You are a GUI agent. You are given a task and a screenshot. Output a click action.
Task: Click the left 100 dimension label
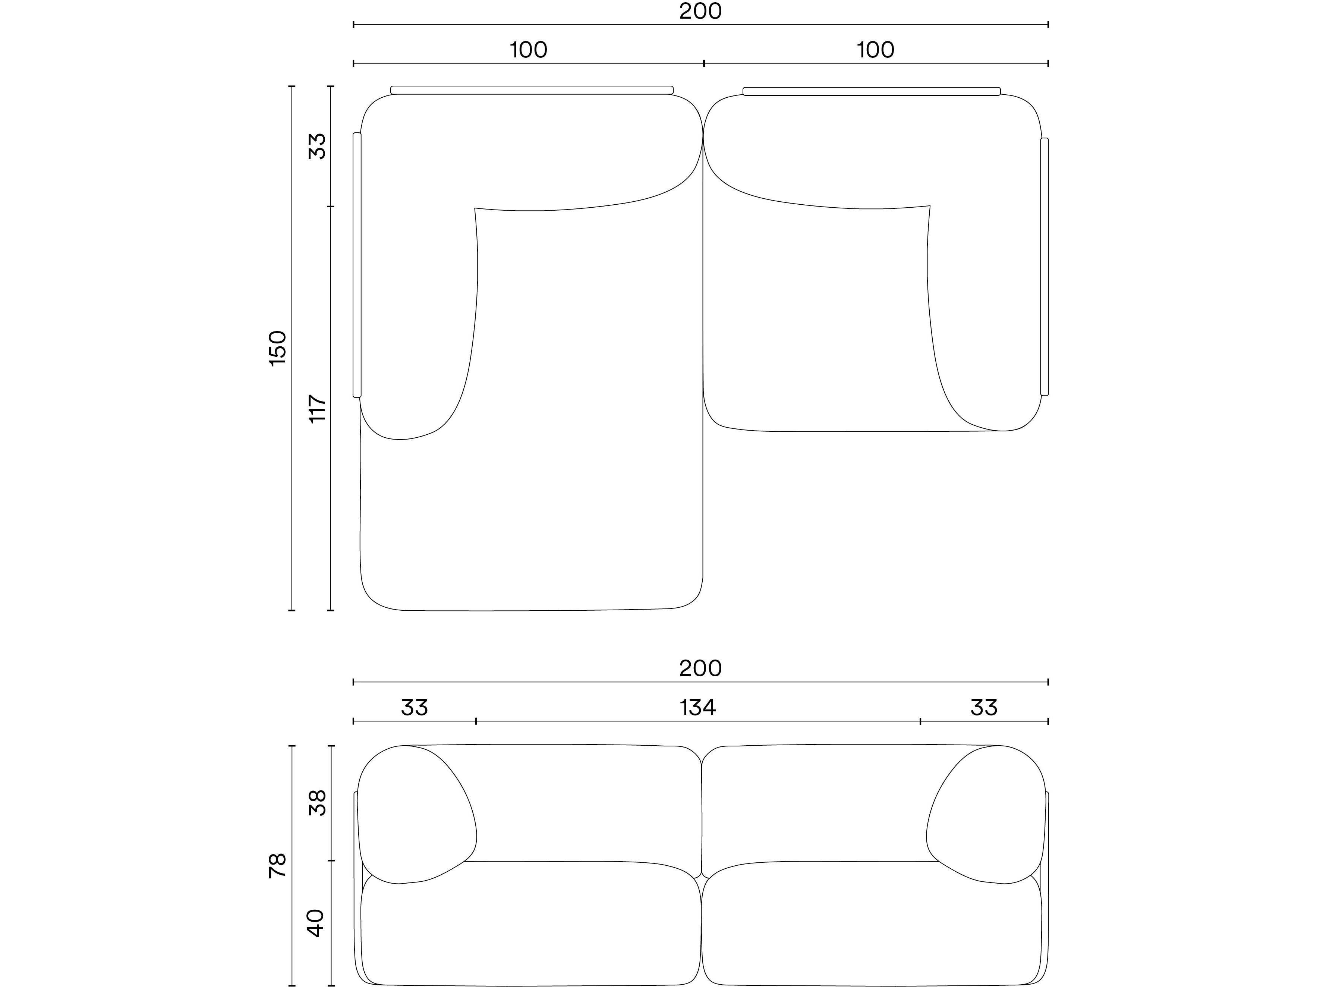tap(529, 50)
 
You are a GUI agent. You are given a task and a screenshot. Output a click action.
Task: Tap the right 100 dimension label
tap(875, 50)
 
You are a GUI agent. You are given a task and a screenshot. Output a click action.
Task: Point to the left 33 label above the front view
tap(415, 708)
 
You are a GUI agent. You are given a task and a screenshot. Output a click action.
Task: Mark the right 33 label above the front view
tap(984, 708)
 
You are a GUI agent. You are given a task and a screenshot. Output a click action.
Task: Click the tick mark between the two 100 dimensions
tap(704, 63)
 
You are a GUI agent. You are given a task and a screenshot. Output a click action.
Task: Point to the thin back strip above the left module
tap(532, 90)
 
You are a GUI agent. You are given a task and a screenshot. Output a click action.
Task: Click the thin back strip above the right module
tap(872, 91)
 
